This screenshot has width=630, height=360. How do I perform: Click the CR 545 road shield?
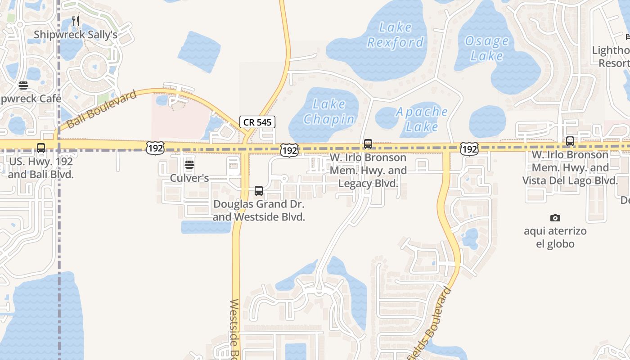(x=257, y=121)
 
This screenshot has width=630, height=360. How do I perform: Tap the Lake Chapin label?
(x=329, y=112)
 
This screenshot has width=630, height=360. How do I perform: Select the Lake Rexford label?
(x=396, y=35)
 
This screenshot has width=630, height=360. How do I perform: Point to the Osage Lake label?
(x=486, y=49)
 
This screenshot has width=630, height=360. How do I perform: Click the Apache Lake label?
(x=422, y=119)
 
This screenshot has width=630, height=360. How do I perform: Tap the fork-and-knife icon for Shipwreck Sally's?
(x=76, y=21)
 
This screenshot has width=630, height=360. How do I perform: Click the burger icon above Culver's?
(x=189, y=165)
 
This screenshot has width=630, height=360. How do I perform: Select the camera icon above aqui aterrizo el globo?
(x=555, y=218)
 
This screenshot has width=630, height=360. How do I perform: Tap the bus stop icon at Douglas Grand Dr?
(x=259, y=191)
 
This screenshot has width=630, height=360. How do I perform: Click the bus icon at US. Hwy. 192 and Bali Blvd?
(x=41, y=148)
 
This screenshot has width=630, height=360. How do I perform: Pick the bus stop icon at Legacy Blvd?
(x=368, y=144)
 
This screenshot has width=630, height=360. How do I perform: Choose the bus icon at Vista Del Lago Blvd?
(x=570, y=141)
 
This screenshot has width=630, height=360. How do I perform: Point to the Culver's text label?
(x=189, y=178)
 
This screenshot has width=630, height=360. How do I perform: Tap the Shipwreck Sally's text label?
(x=76, y=35)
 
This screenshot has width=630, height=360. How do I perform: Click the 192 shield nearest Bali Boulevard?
(x=155, y=148)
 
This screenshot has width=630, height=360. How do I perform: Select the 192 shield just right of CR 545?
(x=289, y=150)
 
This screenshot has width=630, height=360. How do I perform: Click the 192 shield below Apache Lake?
(x=469, y=148)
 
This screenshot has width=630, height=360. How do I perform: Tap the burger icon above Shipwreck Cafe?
(x=23, y=85)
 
